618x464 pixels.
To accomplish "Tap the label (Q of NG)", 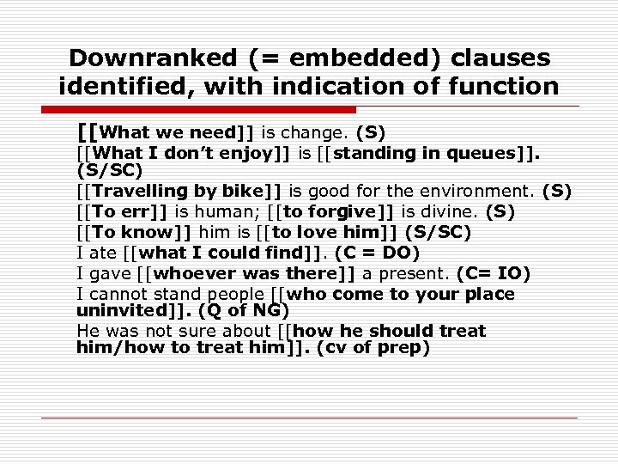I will (243, 310).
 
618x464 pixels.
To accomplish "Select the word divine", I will (450, 211).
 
